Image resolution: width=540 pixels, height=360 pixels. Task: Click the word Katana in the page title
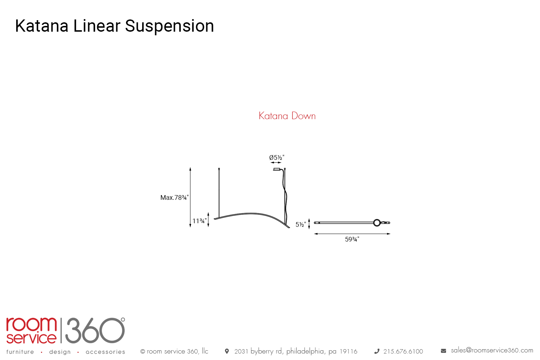pyautogui.click(x=42, y=26)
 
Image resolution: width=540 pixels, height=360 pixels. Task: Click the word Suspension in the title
pyautogui.click(x=170, y=26)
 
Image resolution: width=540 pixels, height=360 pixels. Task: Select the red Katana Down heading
pyautogui.click(x=287, y=116)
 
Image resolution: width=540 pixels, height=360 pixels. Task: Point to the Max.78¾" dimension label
pyautogui.click(x=175, y=198)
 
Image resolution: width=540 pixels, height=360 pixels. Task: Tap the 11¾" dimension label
pyautogui.click(x=199, y=221)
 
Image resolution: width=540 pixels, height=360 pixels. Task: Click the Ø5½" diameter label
pyautogui.click(x=277, y=158)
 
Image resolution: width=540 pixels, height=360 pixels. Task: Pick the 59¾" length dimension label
pyautogui.click(x=352, y=239)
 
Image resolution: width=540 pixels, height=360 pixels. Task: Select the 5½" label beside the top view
pyautogui.click(x=301, y=225)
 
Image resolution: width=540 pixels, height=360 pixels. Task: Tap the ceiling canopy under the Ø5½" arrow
pyautogui.click(x=277, y=169)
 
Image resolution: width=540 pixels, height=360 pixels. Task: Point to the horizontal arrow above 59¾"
pyautogui.click(x=352, y=234)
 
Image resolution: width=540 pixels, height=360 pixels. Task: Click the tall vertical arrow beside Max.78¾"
pyautogui.click(x=190, y=197)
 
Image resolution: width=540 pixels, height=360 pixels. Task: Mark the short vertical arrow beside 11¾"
pyautogui.click(x=208, y=220)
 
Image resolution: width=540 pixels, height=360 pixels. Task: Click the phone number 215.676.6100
pyautogui.click(x=403, y=351)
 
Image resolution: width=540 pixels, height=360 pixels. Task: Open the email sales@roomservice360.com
pyautogui.click(x=492, y=350)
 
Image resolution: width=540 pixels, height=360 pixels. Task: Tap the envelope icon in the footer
pyautogui.click(x=444, y=351)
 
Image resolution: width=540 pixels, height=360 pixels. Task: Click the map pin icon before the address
pyautogui.click(x=227, y=351)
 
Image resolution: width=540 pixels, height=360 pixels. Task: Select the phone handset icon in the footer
pyautogui.click(x=377, y=351)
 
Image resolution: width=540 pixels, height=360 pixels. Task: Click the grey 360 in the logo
pyautogui.click(x=95, y=330)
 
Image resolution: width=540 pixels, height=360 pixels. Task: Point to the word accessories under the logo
pyautogui.click(x=105, y=352)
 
